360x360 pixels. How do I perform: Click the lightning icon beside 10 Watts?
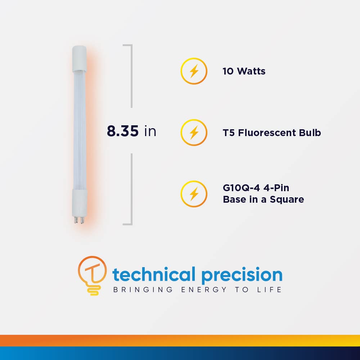pos(194,71)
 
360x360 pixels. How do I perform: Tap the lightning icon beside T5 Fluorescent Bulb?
pos(194,133)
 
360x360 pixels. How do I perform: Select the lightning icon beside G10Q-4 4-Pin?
pos(194,194)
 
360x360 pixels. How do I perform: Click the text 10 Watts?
pos(244,71)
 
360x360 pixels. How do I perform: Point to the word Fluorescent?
pos(269,133)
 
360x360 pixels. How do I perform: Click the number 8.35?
pos(123,131)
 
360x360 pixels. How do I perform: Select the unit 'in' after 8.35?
pos(150,131)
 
